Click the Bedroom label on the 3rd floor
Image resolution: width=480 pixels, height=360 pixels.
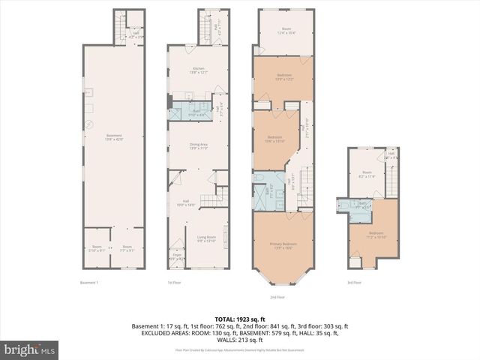coord(376,235)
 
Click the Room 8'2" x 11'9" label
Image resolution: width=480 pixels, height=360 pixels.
coord(367,174)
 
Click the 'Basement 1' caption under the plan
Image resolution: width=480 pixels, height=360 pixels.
coord(89,283)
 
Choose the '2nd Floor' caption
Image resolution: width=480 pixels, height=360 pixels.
coord(277,297)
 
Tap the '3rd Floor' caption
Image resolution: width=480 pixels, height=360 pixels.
coord(354,283)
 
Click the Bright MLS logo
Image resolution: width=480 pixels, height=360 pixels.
coord(30,349)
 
